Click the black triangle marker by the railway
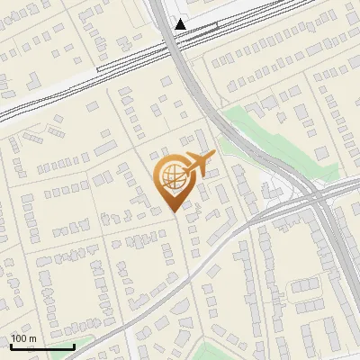point(181,24)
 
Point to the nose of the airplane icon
point(212,156)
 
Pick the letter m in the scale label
point(34,338)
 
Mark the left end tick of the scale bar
point(11,346)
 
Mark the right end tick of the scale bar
point(74,346)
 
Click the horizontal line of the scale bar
point(42,347)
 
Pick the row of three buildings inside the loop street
point(125,240)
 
